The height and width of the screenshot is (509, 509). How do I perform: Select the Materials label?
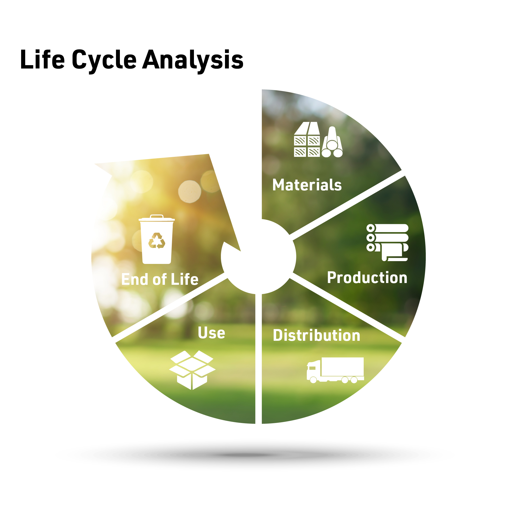(307, 185)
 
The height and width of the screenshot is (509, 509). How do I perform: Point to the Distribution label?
(316, 335)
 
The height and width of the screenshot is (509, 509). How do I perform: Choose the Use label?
(211, 332)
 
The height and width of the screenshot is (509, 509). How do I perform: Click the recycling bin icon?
(157, 239)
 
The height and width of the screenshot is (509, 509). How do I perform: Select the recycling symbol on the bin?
(157, 240)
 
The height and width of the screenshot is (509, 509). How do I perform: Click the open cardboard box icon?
(192, 370)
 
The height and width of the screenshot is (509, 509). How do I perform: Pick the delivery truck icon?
(335, 370)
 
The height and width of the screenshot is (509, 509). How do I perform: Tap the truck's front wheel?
(313, 380)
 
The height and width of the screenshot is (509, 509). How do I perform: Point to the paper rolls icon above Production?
(387, 242)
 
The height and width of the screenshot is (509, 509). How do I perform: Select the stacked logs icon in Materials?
(332, 142)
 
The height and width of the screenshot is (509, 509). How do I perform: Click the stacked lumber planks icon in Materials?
(307, 139)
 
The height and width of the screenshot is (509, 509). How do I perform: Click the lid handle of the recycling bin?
(157, 216)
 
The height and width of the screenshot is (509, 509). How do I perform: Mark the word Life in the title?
(42, 60)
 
